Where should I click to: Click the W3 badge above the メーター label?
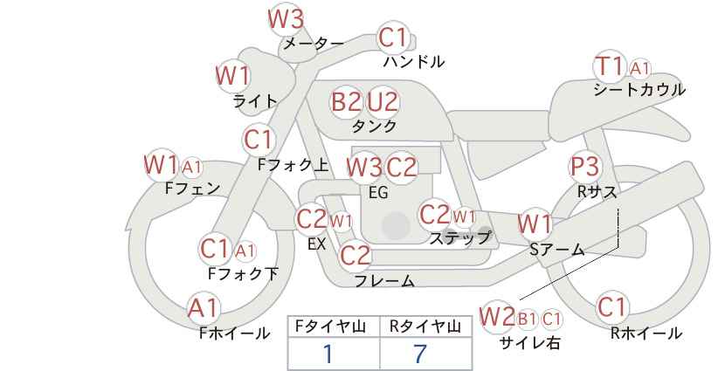(x=287, y=20)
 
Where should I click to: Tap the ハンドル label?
(x=414, y=61)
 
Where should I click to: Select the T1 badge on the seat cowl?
(x=610, y=66)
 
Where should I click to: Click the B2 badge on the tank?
(x=347, y=101)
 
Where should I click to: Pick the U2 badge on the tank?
(x=383, y=101)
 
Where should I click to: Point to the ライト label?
(x=255, y=100)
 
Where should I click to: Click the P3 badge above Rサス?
(x=584, y=167)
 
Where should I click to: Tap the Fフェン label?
(x=192, y=188)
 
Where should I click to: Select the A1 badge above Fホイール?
(x=204, y=308)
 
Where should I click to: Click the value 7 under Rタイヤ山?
(x=420, y=354)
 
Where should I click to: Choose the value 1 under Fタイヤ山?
(x=328, y=354)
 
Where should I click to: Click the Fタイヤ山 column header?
(x=330, y=326)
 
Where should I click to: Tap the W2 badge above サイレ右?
(x=497, y=317)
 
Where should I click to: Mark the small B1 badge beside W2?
(x=527, y=319)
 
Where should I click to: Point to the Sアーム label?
(x=557, y=249)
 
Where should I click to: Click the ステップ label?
(x=459, y=238)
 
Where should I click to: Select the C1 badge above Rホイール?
(x=612, y=307)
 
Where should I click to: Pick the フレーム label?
(x=384, y=280)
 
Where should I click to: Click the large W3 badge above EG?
(x=364, y=168)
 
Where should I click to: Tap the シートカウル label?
(x=639, y=89)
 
